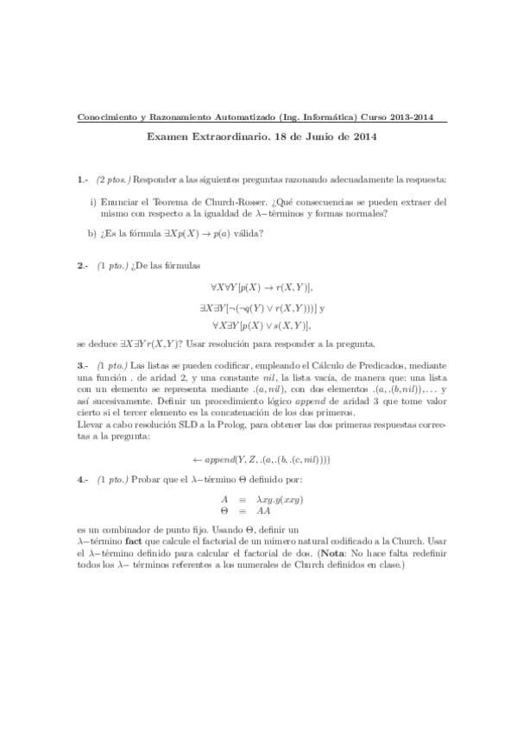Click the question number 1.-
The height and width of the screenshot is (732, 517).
click(x=83, y=179)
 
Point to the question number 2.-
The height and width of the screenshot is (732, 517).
click(x=83, y=268)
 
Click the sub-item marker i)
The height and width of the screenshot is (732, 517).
click(x=93, y=202)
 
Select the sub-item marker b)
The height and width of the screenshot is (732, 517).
click(x=93, y=233)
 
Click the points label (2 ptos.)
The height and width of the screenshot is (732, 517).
click(x=114, y=179)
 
